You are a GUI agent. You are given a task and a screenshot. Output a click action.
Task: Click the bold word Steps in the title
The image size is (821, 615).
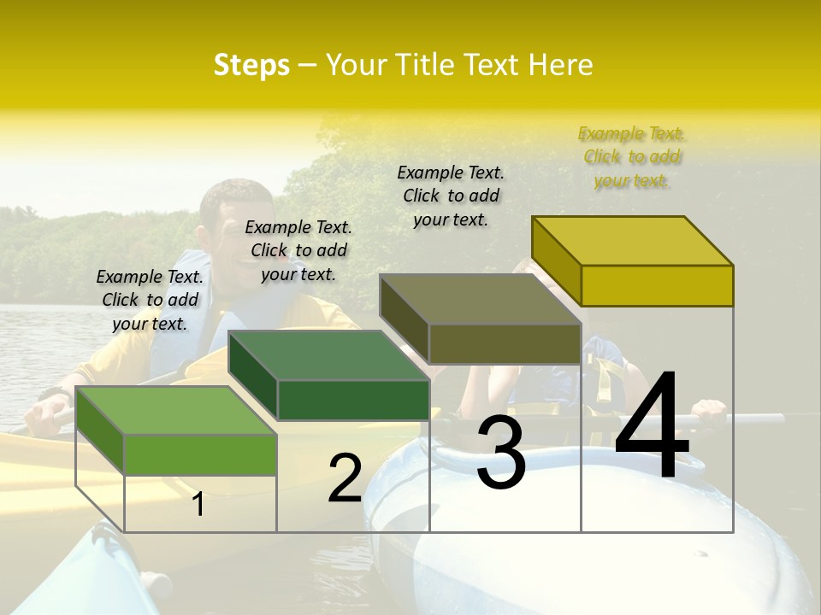pyautogui.click(x=251, y=65)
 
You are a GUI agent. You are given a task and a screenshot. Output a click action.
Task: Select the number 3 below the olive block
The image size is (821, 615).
pyautogui.click(x=500, y=452)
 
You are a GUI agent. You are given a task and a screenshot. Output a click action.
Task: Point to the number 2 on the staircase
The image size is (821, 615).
pyautogui.click(x=345, y=478)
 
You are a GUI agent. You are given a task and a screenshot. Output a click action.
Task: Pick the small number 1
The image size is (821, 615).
pyautogui.click(x=198, y=504)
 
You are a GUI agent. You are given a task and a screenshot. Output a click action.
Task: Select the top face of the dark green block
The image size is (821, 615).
pyautogui.click(x=328, y=355)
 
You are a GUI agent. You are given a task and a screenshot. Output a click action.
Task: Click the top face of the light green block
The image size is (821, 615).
pyautogui.click(x=176, y=410)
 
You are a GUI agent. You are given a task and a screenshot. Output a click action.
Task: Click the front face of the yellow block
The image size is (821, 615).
pyautogui.click(x=657, y=285)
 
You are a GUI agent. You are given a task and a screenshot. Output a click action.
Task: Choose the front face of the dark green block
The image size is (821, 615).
pyautogui.click(x=353, y=400)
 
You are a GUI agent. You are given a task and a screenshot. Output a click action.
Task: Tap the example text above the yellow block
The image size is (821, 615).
pyautogui.click(x=631, y=157)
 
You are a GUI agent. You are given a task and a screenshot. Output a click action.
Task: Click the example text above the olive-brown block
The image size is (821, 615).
pyautogui.click(x=451, y=196)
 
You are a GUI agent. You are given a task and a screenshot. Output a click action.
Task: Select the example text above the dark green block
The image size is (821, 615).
pyautogui.click(x=298, y=250)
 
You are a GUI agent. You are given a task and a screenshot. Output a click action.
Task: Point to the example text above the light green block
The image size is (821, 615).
pyautogui.click(x=150, y=300)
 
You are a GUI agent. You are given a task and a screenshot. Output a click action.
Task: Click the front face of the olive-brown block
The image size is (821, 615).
pyautogui.click(x=505, y=344)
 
